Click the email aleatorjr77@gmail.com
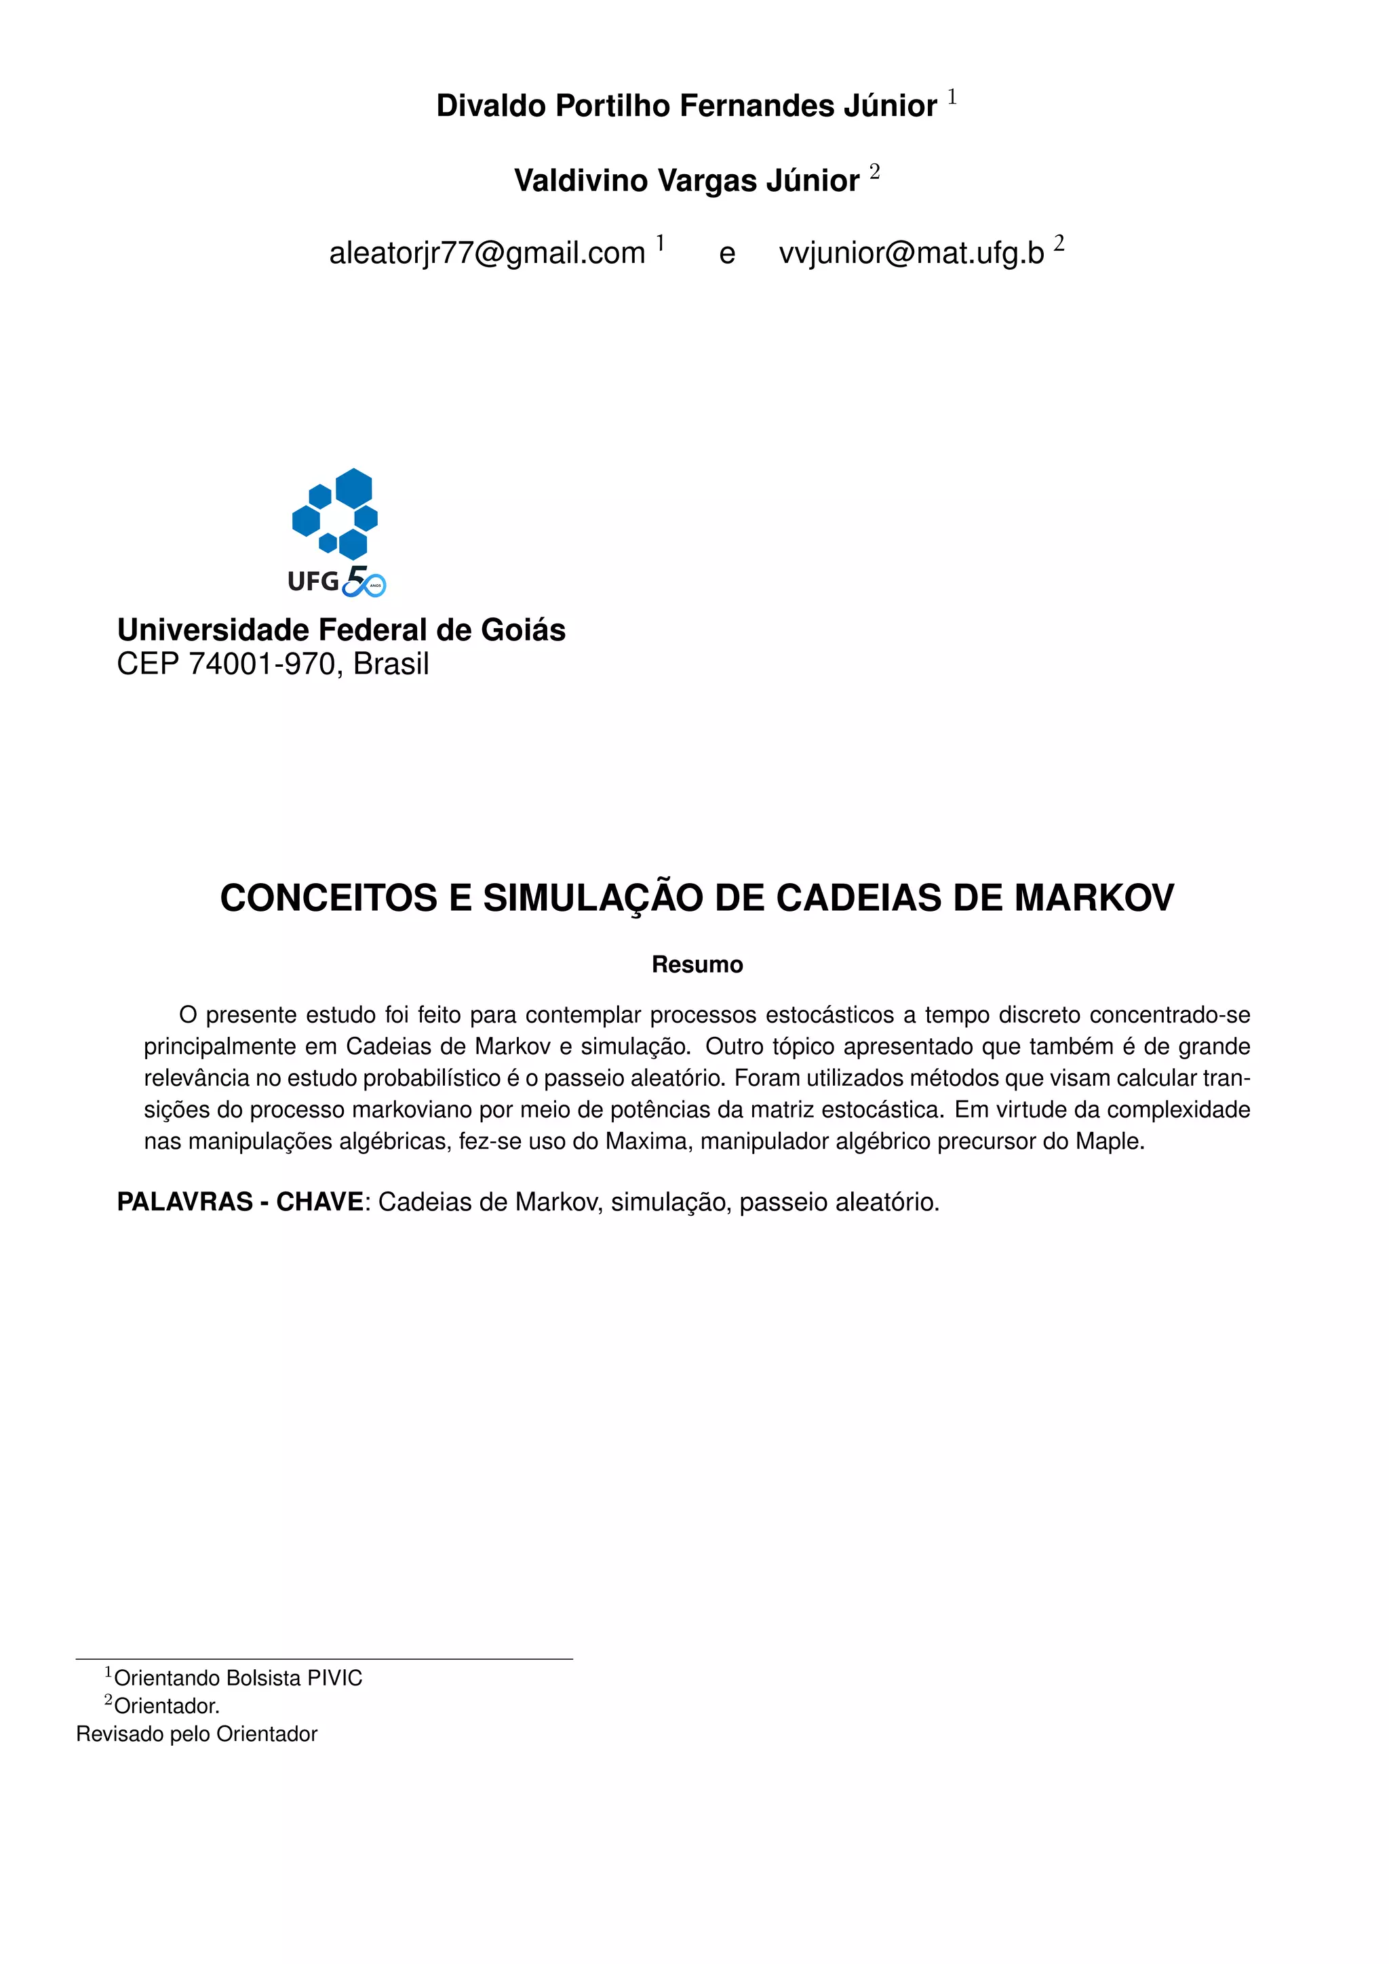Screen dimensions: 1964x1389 click(487, 253)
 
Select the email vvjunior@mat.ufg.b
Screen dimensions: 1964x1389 click(912, 253)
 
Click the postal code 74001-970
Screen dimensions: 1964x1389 click(262, 663)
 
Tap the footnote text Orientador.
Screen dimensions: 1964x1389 click(167, 1706)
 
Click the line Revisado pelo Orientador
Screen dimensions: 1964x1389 click(197, 1734)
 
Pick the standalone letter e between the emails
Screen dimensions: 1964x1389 click(726, 254)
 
